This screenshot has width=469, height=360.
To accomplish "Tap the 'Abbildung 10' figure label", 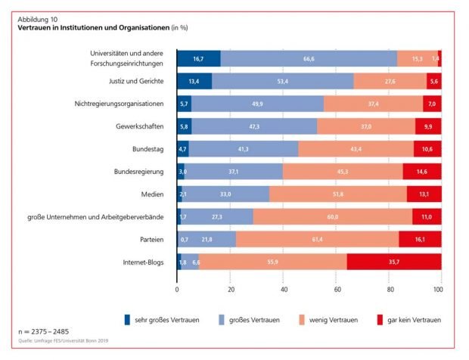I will [37, 18].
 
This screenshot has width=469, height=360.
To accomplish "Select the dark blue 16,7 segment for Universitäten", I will [199, 58].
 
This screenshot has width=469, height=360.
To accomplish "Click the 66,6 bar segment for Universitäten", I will [309, 58].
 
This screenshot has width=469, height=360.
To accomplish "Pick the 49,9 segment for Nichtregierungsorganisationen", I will [257, 104].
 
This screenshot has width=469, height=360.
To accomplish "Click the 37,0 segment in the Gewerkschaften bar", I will [366, 126].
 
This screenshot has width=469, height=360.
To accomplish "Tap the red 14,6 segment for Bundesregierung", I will [422, 172].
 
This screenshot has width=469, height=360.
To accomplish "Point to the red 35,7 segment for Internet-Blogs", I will [394, 262].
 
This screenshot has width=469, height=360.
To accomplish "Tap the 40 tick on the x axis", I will [284, 288].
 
